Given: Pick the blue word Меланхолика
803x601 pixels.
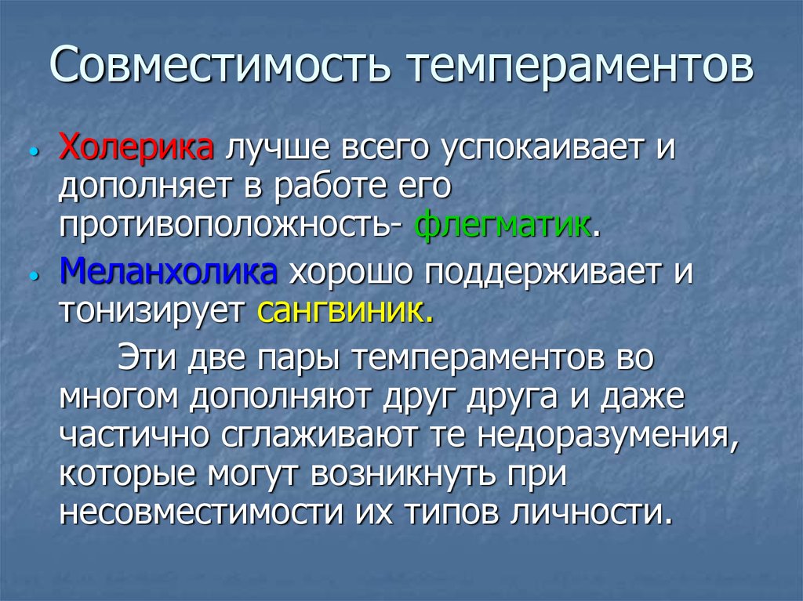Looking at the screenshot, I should click(169, 273).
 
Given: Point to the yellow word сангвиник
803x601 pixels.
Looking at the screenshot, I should click(343, 313).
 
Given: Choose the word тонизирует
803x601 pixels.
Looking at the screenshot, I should click(154, 313).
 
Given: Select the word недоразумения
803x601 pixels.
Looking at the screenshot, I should click(606, 436).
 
